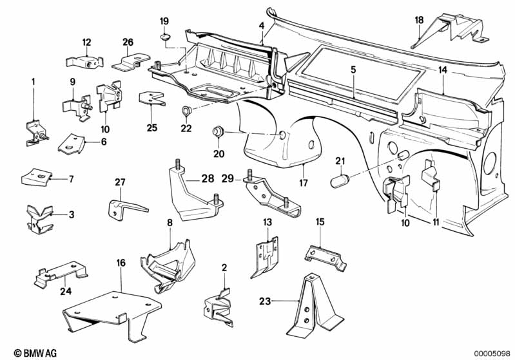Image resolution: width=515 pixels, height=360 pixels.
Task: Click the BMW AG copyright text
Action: coord(24,352)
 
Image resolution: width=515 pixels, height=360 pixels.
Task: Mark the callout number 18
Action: coord(420,21)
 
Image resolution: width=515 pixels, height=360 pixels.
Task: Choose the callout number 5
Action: coord(353,68)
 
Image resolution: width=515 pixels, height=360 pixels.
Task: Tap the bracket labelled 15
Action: coord(327,256)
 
